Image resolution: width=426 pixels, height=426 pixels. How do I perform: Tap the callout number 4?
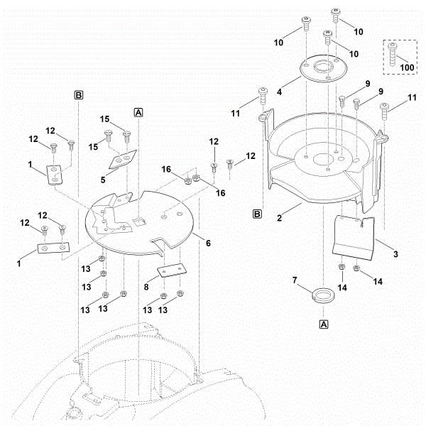pos(279,92)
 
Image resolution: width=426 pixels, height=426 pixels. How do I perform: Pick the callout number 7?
pos(295,281)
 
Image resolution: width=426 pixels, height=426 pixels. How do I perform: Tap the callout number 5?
pos(103,180)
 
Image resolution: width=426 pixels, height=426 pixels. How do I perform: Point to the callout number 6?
pos(208,242)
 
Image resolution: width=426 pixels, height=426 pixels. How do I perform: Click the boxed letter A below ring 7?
pos(324,324)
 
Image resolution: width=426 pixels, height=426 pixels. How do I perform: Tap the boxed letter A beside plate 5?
pos(138,111)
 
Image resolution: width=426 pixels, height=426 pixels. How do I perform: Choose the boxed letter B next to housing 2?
pos(258,212)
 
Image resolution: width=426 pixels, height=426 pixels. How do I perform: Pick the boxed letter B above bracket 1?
pos(79,94)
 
